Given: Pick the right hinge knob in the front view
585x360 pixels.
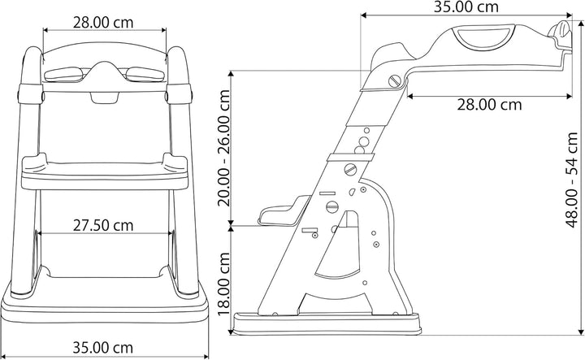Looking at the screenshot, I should click(173, 93).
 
